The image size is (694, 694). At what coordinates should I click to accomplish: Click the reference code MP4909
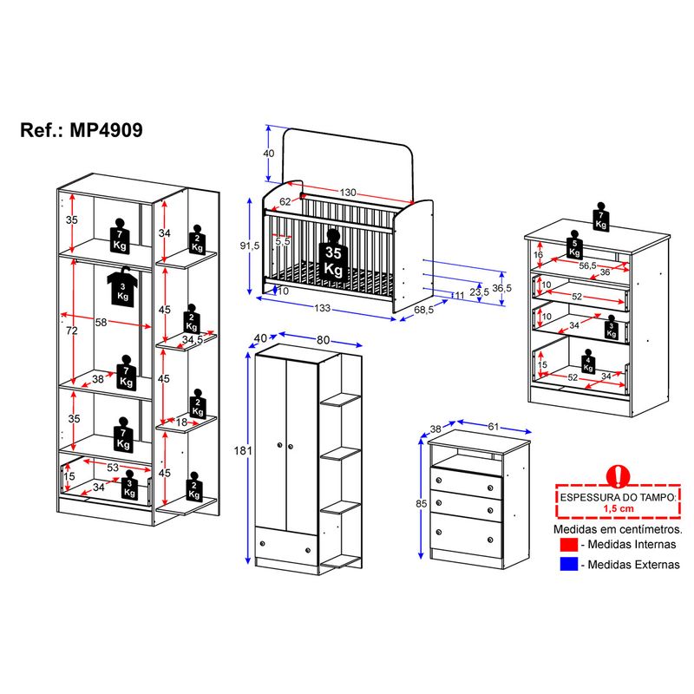point(106,130)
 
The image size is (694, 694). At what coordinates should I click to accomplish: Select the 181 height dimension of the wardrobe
point(243,450)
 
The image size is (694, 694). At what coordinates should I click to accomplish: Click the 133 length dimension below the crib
point(322,308)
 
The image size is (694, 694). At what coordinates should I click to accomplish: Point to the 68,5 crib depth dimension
point(423,310)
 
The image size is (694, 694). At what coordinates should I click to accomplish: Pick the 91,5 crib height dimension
point(250,246)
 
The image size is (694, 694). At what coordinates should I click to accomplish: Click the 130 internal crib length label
point(348,193)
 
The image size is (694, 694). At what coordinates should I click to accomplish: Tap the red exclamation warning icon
point(618,475)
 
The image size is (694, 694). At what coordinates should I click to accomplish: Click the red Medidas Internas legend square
point(569,545)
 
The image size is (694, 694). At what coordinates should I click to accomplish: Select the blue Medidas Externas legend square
point(569,564)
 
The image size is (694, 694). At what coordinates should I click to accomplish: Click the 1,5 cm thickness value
point(619,508)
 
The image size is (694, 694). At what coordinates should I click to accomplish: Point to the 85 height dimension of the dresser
point(421,504)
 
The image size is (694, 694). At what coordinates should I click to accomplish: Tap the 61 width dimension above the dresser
point(493,427)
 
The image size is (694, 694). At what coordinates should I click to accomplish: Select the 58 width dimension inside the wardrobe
point(101,322)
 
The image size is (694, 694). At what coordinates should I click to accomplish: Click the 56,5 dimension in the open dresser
point(588,265)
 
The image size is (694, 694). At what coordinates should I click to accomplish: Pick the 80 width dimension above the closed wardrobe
point(323,339)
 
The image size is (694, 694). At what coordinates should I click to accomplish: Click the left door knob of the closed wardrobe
point(279,445)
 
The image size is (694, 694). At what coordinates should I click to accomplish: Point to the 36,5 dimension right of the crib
point(501,288)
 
